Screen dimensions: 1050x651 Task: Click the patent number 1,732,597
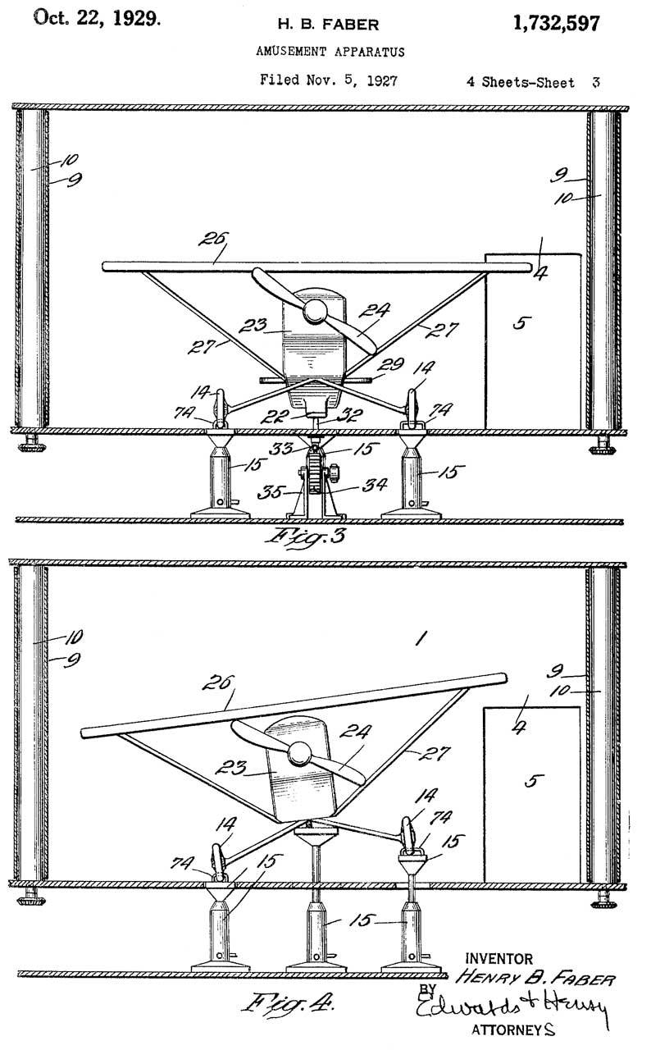coord(556,24)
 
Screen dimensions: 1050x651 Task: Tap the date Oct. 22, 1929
coord(97,20)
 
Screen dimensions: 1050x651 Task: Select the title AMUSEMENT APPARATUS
coord(328,52)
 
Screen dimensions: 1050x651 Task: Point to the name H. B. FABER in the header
coord(327,25)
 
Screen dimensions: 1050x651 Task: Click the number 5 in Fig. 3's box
coord(519,322)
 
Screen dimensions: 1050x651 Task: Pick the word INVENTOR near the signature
coord(498,958)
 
